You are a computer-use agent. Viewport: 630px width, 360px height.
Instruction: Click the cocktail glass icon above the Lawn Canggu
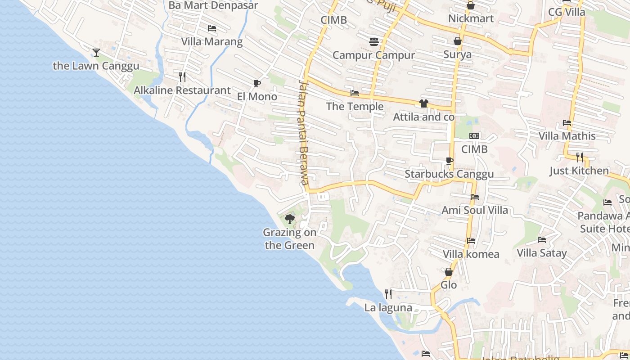(96, 53)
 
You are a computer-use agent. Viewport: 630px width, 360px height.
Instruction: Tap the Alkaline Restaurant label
(182, 90)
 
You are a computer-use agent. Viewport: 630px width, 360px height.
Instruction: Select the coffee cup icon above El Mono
(256, 83)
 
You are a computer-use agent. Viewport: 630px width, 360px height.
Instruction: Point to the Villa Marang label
(211, 42)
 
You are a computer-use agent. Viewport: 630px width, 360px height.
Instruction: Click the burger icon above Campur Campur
(373, 42)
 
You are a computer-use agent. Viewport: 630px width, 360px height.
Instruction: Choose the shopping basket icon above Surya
(458, 41)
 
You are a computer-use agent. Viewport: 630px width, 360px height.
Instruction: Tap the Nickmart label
(471, 18)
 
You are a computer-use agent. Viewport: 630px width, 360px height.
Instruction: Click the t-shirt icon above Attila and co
(423, 103)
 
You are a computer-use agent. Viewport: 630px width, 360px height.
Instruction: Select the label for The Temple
(355, 106)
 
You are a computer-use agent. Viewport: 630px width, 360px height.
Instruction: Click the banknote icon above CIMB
(474, 136)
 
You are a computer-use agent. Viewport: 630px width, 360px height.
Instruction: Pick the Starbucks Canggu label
(449, 174)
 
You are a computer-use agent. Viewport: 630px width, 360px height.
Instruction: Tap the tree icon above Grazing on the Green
(290, 219)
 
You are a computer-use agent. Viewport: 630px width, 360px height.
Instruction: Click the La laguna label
(388, 308)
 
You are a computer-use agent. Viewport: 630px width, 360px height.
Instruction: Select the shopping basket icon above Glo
(448, 272)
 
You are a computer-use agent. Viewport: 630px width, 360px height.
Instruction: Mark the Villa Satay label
(542, 253)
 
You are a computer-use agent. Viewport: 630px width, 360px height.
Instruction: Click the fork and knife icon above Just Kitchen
(580, 157)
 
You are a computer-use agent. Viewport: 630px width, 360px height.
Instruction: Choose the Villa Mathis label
(567, 136)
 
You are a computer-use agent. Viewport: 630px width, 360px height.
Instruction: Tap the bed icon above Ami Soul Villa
(475, 197)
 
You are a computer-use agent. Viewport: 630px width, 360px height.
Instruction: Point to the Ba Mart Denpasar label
(213, 5)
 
